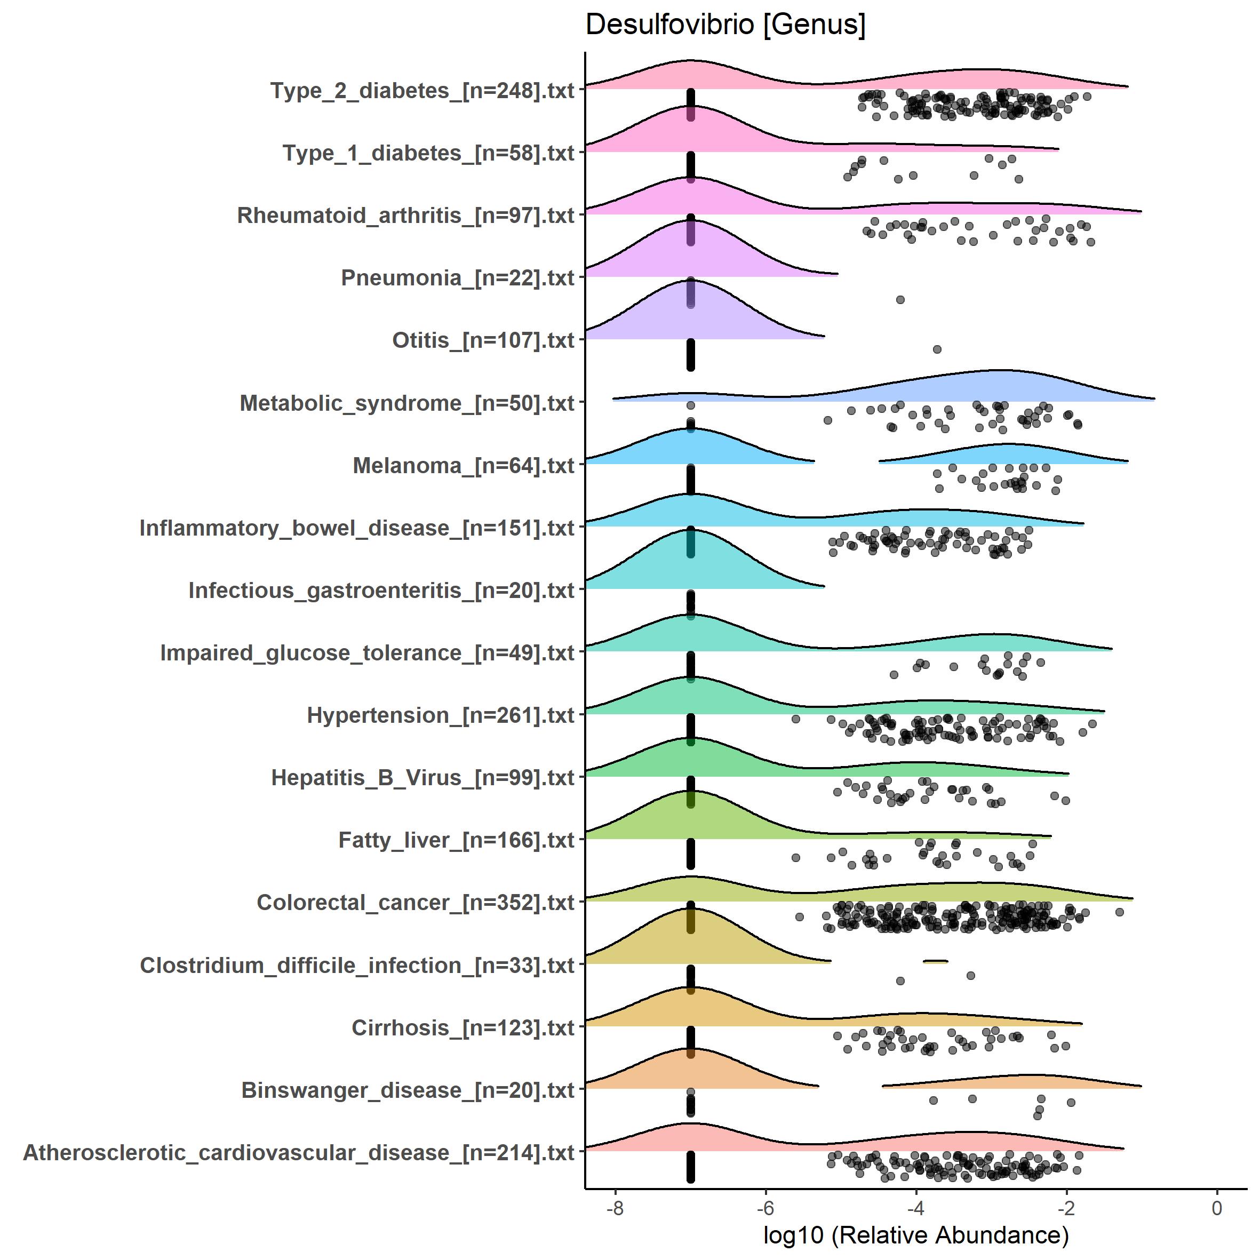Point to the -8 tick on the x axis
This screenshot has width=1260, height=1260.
[615, 1208]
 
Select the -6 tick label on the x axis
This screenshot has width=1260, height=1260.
[765, 1208]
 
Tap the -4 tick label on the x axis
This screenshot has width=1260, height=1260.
[915, 1208]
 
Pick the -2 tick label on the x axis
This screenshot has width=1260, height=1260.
[1066, 1208]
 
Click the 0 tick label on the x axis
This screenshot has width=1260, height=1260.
[1216, 1208]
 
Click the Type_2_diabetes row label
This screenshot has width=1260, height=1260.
[422, 91]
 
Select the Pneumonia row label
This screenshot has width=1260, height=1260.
[457, 278]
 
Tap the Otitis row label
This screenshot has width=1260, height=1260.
[483, 340]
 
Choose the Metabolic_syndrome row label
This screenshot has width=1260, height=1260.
[407, 403]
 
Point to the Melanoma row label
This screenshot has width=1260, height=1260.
[463, 466]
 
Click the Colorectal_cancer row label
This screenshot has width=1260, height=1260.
[416, 903]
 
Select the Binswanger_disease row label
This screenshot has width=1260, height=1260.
[408, 1090]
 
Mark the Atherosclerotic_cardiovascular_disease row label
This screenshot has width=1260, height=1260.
[299, 1152]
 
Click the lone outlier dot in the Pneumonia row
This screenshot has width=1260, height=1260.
[900, 300]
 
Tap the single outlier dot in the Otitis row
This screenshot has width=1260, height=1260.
[937, 349]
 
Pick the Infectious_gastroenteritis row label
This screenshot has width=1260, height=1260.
[381, 590]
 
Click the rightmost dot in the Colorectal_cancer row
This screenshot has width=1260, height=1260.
[1120, 912]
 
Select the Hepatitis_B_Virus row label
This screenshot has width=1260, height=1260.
[422, 777]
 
